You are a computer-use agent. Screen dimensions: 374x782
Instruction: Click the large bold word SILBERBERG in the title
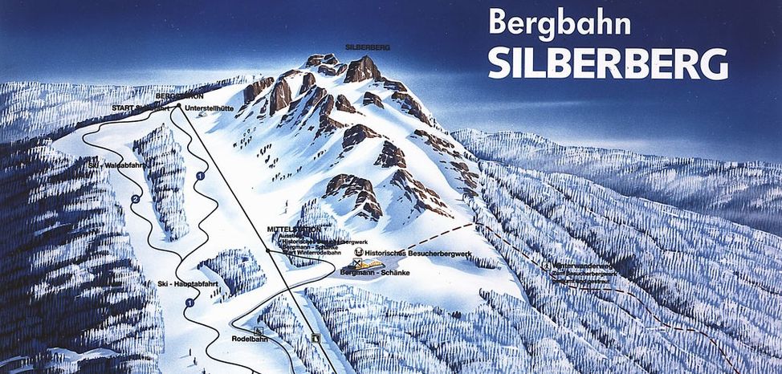point(608,63)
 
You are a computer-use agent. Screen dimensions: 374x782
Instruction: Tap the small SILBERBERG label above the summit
point(368,48)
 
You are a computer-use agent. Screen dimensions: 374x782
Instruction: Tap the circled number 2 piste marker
point(136,198)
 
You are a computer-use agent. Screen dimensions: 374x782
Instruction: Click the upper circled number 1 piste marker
point(201,174)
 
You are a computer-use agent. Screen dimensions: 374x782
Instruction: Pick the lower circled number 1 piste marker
point(189,303)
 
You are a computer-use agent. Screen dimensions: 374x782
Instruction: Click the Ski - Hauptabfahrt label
point(177,283)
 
